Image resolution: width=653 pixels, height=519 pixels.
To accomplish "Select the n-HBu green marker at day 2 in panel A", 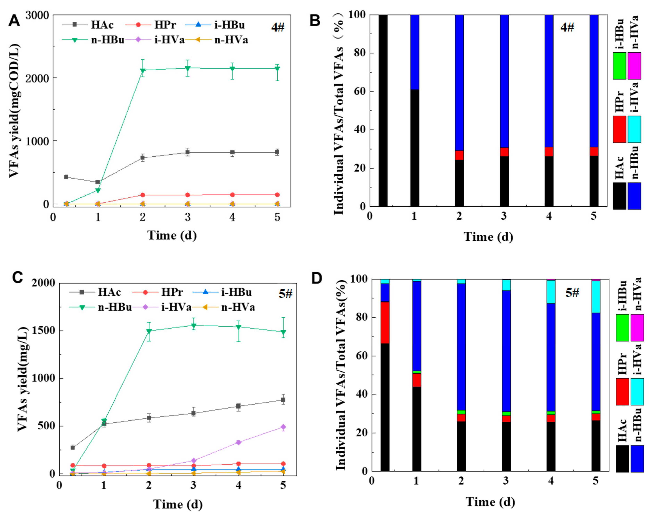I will click(143, 71).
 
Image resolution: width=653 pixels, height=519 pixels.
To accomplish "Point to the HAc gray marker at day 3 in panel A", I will click(188, 152).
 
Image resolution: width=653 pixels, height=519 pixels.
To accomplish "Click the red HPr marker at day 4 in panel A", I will click(232, 195).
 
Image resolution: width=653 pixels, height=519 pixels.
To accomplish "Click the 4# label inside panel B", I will click(567, 27).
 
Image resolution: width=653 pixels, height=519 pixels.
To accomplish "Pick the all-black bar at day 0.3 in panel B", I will click(383, 111).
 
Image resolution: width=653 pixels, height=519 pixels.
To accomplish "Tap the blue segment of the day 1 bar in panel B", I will click(415, 52).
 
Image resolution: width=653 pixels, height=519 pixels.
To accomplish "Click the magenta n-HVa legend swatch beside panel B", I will click(634, 66).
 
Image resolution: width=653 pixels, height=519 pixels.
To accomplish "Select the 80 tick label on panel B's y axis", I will click(360, 53).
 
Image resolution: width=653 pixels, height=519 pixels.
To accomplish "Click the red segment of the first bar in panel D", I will click(385, 322).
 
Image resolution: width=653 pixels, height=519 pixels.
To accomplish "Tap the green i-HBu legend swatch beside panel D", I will click(622, 328).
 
